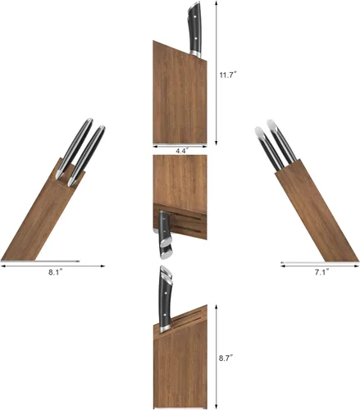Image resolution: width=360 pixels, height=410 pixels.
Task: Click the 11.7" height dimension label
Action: tap(227, 75)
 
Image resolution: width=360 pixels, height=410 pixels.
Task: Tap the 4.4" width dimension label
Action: tap(181, 151)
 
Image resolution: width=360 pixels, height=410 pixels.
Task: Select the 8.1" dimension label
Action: tap(56, 272)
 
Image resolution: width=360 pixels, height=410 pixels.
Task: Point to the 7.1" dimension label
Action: tap(321, 272)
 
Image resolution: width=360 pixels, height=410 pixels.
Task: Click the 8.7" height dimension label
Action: tap(226, 358)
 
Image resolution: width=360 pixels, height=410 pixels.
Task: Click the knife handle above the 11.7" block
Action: tap(194, 29)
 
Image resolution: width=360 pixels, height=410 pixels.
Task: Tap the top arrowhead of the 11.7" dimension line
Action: tap(216, 2)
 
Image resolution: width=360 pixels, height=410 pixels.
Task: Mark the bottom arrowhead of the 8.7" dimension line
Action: tap(216, 407)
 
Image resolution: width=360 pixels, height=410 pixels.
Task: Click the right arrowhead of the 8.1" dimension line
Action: tap(103, 266)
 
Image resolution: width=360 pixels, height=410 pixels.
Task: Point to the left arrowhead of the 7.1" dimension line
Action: tap(283, 266)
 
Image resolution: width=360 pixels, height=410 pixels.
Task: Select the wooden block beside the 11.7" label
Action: tap(180, 93)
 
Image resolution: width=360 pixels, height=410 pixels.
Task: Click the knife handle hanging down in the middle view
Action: tap(165, 235)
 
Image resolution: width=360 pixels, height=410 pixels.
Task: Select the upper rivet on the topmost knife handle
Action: tap(195, 17)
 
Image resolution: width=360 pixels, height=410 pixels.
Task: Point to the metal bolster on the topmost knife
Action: tap(195, 54)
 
